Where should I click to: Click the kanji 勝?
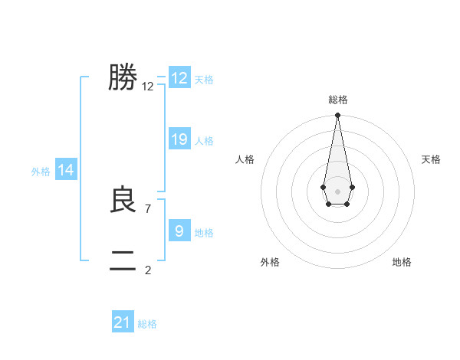click(123, 77)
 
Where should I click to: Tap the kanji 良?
click(123, 200)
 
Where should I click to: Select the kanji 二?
click(123, 260)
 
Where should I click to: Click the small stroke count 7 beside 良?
click(147, 208)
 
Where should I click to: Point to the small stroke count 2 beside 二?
click(147, 270)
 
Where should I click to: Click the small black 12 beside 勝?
click(148, 87)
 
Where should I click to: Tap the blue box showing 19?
click(179, 139)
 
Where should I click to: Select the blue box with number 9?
click(179, 231)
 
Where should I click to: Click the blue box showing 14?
click(66, 170)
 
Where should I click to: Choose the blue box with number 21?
click(123, 322)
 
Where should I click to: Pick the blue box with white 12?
click(179, 78)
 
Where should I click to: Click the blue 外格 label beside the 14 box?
click(41, 172)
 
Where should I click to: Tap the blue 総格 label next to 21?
click(147, 324)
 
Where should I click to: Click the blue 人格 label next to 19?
click(204, 141)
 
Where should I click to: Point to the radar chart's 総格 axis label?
click(337, 100)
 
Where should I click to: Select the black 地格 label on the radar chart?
click(402, 262)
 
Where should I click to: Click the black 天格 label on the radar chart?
click(431, 159)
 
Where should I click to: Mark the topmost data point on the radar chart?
click(337, 116)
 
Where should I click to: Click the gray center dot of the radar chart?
click(337, 191)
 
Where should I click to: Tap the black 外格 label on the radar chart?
click(270, 262)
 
